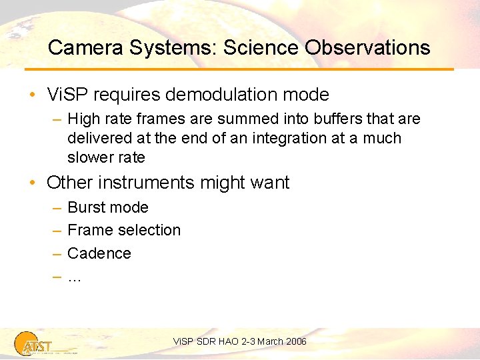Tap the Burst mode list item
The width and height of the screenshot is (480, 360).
[x=108, y=207]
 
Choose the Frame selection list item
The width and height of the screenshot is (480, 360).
[x=124, y=230]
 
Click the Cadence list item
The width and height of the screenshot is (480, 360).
[x=99, y=253]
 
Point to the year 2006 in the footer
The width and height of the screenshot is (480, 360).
[x=296, y=341]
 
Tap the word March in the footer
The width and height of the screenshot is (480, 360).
[x=270, y=341]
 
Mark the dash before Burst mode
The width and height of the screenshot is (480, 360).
[x=57, y=207]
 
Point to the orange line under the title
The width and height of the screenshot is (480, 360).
[x=240, y=69]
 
